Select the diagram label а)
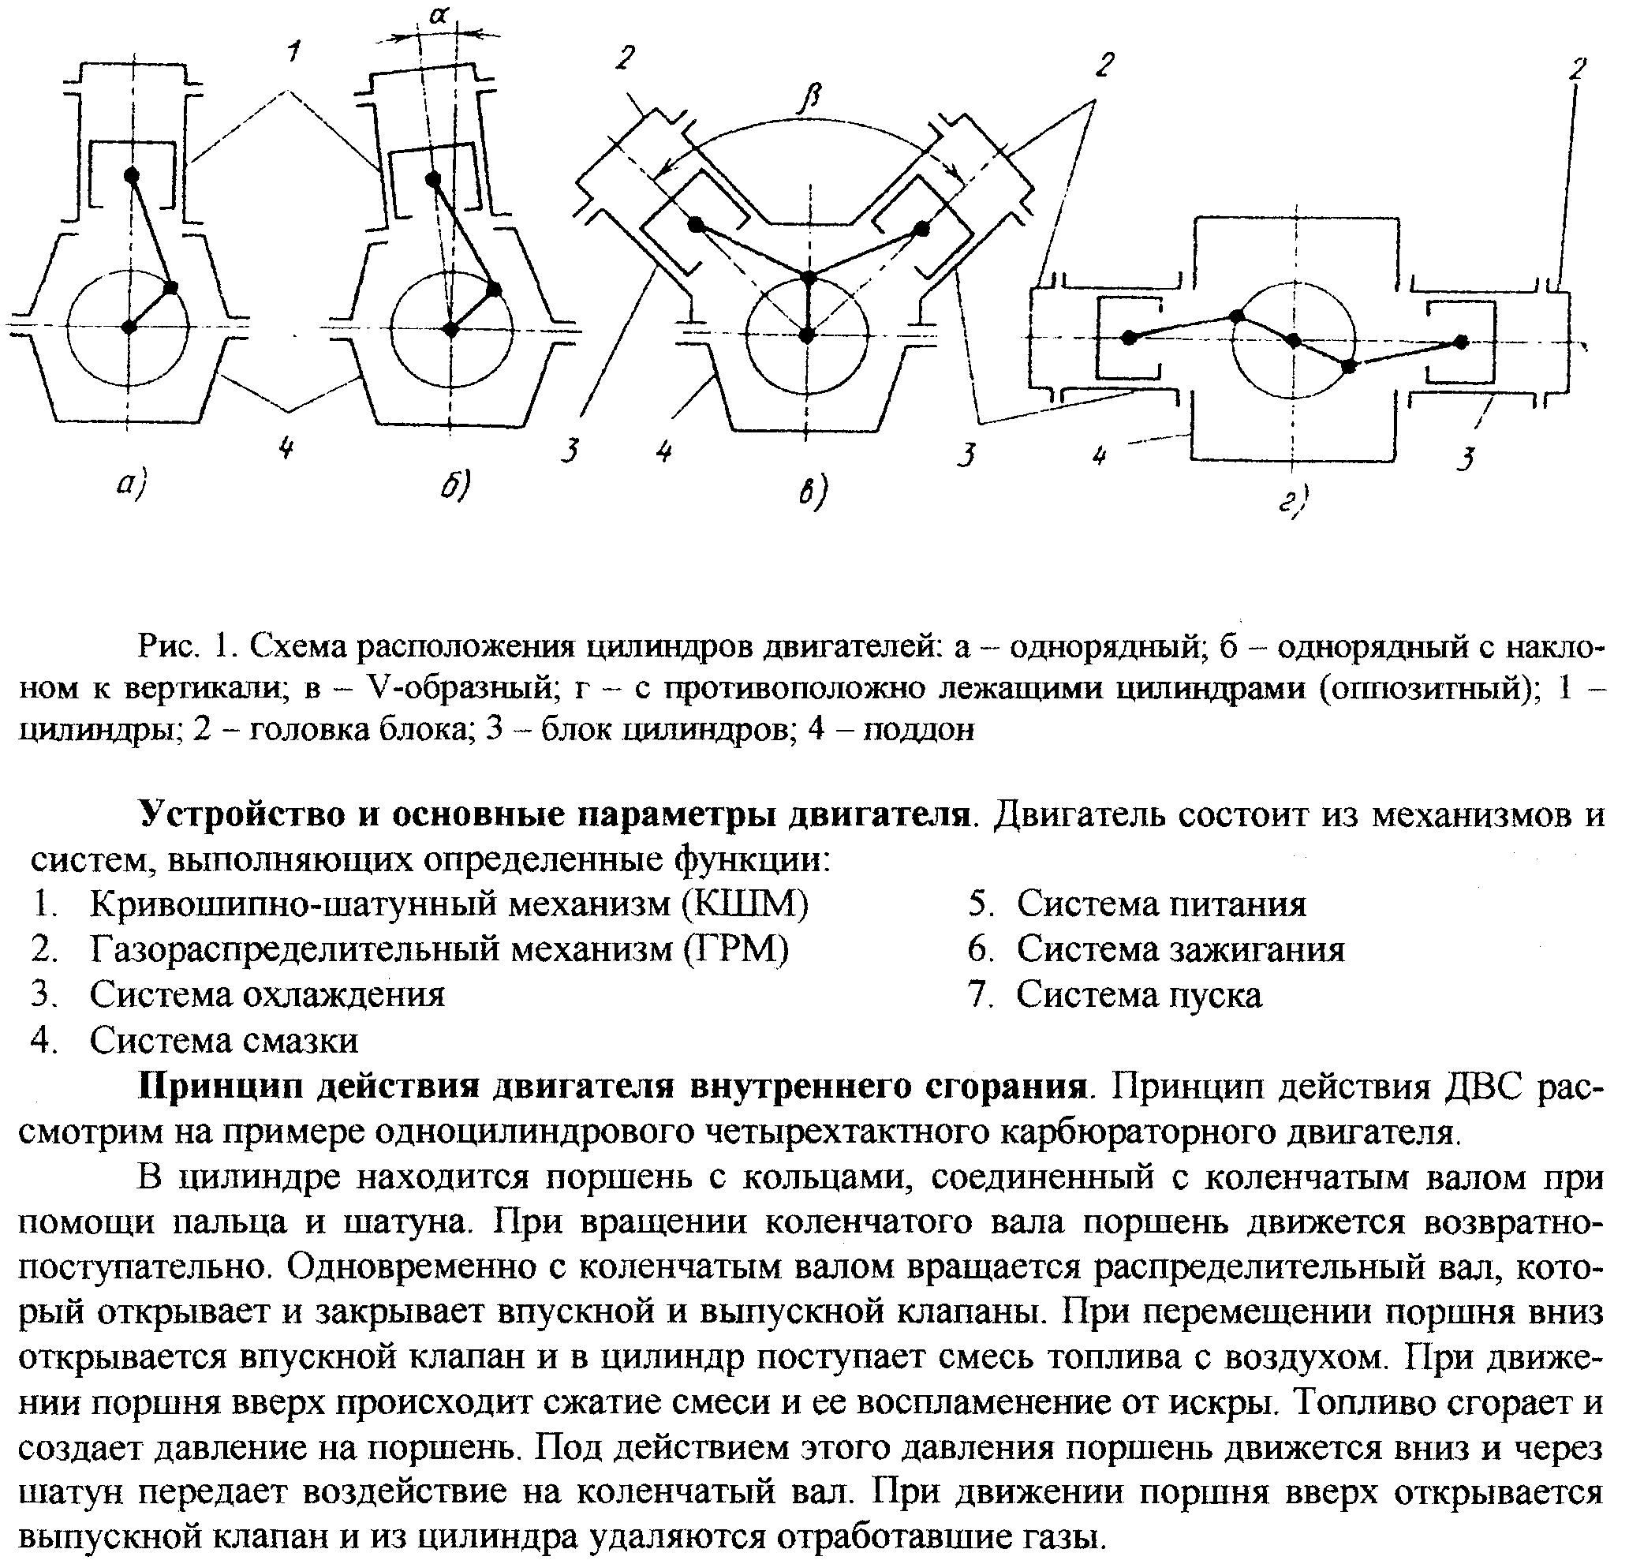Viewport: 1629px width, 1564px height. pyautogui.click(x=131, y=485)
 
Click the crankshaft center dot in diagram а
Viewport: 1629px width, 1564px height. pyautogui.click(x=129, y=327)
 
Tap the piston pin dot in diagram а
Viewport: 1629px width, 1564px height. pyautogui.click(x=131, y=175)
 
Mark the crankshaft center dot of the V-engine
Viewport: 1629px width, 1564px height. pyautogui.click(x=806, y=335)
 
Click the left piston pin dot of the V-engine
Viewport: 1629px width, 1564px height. pyautogui.click(x=697, y=224)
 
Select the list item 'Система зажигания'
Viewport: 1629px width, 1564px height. pyautogui.click(x=1180, y=949)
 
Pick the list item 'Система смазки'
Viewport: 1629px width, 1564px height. pyautogui.click(x=224, y=1040)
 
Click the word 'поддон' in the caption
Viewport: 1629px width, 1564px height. pyautogui.click(x=918, y=729)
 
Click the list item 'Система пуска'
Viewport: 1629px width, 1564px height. pyautogui.click(x=1138, y=994)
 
